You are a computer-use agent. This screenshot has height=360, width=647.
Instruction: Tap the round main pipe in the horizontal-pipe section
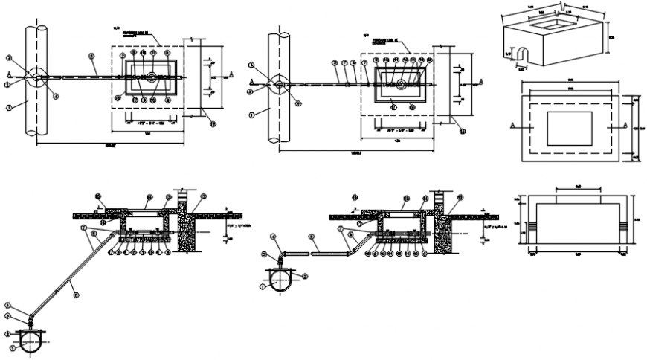[280, 279]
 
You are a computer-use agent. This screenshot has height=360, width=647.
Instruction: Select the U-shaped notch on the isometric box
[521, 54]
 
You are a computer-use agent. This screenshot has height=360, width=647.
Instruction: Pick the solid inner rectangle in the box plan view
[569, 128]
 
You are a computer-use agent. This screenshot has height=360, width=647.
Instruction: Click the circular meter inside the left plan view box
[152, 77]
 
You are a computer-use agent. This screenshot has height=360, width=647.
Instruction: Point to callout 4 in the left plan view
[55, 96]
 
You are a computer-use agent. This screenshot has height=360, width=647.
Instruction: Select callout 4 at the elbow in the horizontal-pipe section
[273, 237]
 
